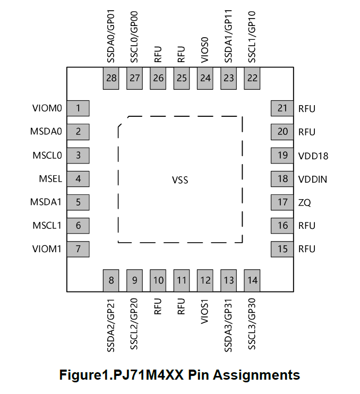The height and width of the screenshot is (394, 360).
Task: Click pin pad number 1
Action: tap(79, 108)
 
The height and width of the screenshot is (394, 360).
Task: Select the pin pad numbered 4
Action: tap(79, 179)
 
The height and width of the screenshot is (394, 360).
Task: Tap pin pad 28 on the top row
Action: tap(112, 78)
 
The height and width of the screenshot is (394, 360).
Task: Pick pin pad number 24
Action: tap(205, 78)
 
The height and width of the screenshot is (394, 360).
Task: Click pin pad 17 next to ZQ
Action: tap(282, 202)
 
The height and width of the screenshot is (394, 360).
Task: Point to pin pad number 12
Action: tap(205, 280)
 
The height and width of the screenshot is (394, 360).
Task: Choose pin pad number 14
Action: tap(252, 280)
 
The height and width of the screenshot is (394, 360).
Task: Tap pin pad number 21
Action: tap(282, 108)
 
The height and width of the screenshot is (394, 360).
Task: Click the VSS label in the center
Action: tap(180, 180)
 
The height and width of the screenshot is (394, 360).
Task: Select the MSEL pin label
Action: tap(50, 179)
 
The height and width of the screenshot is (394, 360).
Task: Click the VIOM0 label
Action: tap(47, 108)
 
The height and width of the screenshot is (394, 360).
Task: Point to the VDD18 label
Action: tap(313, 156)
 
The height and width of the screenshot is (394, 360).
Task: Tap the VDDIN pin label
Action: tap(313, 179)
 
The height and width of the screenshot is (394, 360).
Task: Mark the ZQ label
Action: tap(304, 202)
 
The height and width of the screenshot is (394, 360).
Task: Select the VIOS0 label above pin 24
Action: tap(205, 50)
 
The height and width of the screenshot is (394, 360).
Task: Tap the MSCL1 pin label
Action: tap(47, 226)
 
